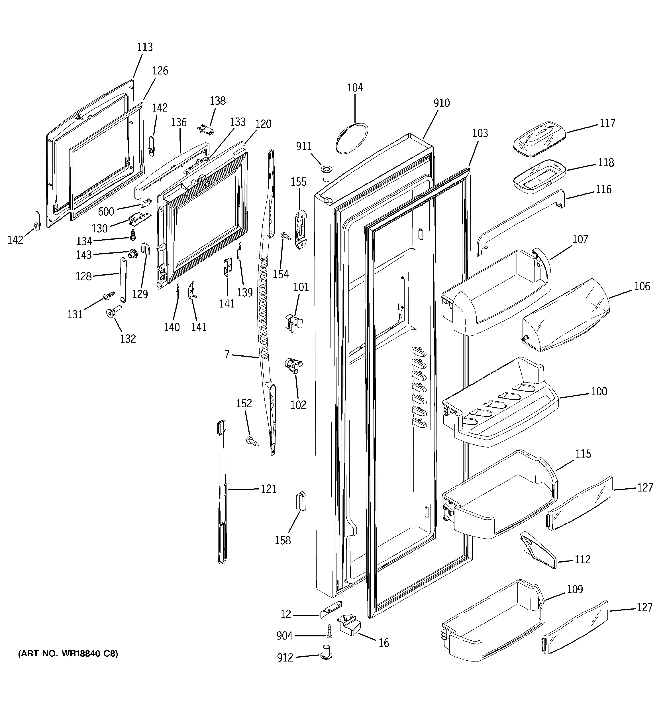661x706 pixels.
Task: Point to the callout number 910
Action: (x=441, y=103)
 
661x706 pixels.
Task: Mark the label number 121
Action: (x=269, y=489)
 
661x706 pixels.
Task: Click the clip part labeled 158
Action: (x=301, y=501)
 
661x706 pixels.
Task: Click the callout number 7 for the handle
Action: (x=227, y=354)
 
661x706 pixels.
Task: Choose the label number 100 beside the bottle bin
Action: (x=599, y=391)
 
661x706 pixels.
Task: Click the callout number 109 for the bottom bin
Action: (x=575, y=589)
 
